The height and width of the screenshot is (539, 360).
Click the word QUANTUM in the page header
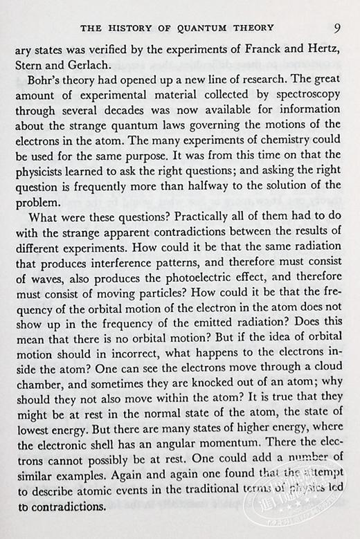click(207, 28)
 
